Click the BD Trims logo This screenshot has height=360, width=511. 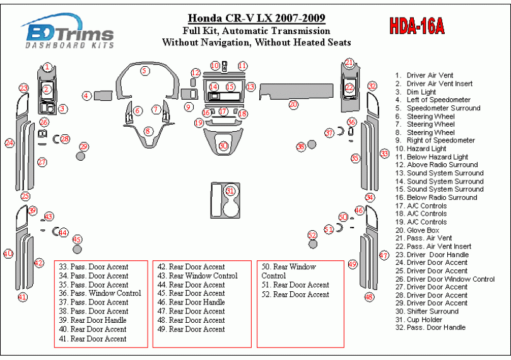(x=68, y=33)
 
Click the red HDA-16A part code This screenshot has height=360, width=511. (x=416, y=26)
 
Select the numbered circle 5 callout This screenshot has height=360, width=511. (x=145, y=71)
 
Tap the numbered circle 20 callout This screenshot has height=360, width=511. (x=293, y=104)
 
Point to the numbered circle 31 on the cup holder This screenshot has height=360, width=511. (x=230, y=190)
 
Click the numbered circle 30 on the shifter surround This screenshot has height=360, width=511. (x=223, y=146)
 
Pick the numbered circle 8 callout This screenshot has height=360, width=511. (x=148, y=131)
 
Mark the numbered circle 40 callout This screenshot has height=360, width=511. (x=8, y=253)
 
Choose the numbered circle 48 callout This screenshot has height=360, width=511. (x=369, y=296)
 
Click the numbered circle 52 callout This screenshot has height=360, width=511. (x=312, y=235)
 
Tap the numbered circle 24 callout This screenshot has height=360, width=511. (x=9, y=143)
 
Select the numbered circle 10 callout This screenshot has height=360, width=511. (x=215, y=66)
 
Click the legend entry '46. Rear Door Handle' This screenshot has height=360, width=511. (x=191, y=302)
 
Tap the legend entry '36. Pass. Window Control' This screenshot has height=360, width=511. (x=93, y=293)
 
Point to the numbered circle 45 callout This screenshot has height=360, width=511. (x=77, y=239)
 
